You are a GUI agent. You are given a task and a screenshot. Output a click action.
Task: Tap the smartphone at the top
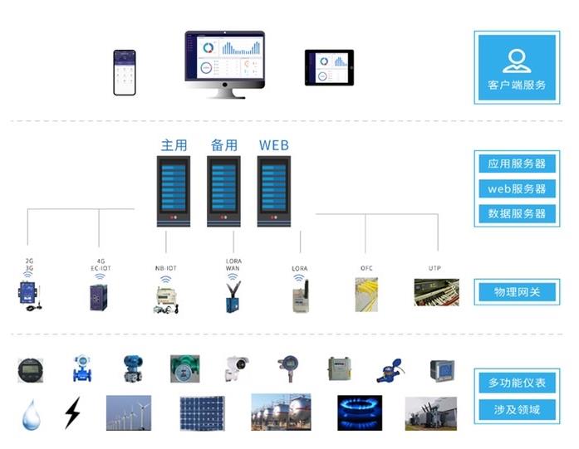125,73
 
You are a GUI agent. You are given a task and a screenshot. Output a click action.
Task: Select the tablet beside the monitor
329,67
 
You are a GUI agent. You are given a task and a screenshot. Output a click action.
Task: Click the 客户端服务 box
517,67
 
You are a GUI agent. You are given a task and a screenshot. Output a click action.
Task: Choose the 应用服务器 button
517,163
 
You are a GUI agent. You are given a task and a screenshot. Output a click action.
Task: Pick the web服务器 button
517,188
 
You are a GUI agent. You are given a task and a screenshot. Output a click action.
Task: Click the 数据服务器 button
517,213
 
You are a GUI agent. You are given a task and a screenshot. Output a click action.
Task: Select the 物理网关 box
517,292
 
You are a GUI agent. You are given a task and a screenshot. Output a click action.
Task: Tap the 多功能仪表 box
517,383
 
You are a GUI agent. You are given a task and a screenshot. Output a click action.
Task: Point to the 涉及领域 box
517,409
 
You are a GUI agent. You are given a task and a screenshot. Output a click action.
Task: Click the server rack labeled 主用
174,191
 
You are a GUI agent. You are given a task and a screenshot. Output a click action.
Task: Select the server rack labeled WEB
273,191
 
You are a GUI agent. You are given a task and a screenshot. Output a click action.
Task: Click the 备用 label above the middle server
224,145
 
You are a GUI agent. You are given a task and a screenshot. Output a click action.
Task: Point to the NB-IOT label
166,268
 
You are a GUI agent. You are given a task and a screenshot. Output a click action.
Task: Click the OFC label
366,268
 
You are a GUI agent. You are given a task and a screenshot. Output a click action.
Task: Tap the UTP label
434,268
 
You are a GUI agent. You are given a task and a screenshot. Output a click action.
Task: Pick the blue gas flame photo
359,412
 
